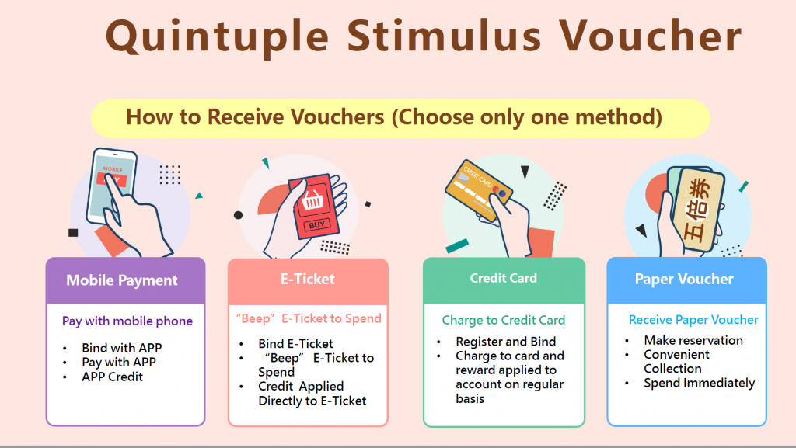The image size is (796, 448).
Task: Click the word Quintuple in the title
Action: point(218,36)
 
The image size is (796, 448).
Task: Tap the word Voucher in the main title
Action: point(651,36)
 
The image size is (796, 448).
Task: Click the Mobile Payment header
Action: point(122,280)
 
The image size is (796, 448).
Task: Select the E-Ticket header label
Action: point(308,279)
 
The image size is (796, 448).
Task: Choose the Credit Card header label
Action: point(503,278)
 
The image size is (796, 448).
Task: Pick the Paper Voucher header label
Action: point(684,279)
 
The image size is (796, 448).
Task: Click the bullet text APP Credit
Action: point(112,377)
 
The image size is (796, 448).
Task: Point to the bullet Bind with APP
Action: point(122,348)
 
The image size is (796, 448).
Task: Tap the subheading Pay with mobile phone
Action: point(127,321)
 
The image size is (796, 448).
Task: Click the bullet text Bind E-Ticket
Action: point(295,344)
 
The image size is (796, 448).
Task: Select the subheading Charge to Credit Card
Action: point(503,320)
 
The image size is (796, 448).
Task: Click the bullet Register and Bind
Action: point(505,342)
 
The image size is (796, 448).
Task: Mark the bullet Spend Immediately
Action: point(699,383)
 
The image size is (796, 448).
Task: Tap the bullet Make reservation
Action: point(693,340)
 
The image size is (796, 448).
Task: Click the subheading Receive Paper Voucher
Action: point(693,320)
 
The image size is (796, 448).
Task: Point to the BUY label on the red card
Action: point(317,224)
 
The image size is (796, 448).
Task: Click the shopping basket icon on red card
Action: point(312,200)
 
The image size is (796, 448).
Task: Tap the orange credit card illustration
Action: point(478,190)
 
